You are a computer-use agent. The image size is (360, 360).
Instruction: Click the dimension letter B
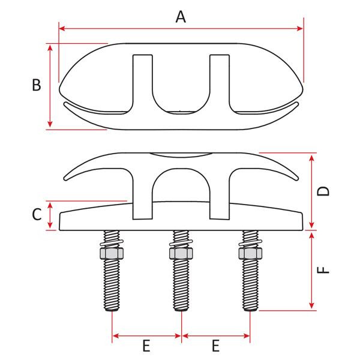(x=36, y=85)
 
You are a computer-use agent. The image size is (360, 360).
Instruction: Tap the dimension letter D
(x=324, y=191)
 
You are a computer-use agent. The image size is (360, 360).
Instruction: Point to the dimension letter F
(x=324, y=270)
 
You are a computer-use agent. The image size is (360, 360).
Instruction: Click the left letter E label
(x=146, y=346)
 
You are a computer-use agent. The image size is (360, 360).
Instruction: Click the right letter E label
(x=215, y=346)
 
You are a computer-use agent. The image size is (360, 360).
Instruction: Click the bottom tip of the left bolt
(x=112, y=310)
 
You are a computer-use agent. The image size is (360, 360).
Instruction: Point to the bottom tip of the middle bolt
(x=181, y=310)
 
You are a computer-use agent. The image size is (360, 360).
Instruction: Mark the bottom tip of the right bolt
(x=250, y=310)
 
